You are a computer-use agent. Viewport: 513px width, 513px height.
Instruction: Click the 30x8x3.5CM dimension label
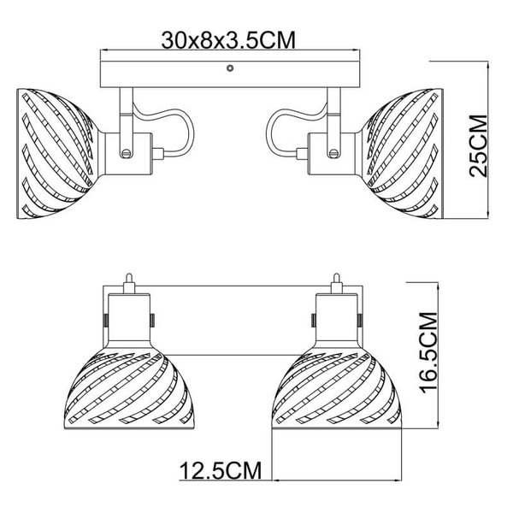[223, 39]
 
